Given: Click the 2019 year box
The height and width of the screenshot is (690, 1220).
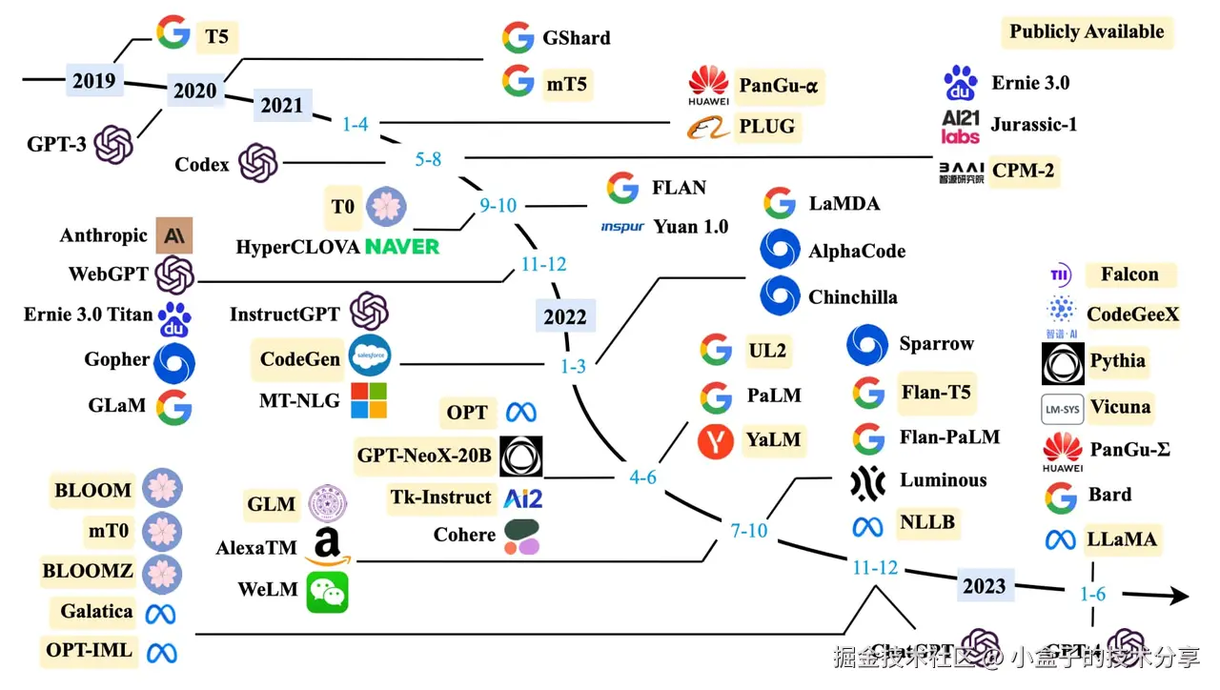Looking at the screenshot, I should click(x=93, y=81).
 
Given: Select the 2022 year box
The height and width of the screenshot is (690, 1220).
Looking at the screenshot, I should click(x=565, y=316).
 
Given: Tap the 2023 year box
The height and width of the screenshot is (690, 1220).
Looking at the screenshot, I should click(x=984, y=585).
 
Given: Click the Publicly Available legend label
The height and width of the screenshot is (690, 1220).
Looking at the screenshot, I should click(x=1087, y=31).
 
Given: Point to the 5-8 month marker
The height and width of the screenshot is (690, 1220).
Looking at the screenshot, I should click(x=428, y=159).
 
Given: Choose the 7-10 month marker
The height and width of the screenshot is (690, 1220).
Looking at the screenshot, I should click(x=749, y=530).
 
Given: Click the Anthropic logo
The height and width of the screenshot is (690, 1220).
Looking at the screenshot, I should click(x=174, y=235).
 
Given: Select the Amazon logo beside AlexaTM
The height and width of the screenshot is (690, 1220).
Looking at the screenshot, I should click(x=327, y=546).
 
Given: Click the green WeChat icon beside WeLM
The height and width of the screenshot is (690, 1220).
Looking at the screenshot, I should click(x=327, y=591).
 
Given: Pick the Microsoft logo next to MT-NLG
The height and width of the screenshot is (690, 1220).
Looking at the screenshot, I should click(x=369, y=401).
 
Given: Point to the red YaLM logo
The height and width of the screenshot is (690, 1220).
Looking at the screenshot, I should click(x=715, y=441).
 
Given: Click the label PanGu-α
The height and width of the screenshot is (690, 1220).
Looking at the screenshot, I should click(x=779, y=87).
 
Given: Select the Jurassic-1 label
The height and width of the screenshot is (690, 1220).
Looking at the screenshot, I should click(x=1033, y=124).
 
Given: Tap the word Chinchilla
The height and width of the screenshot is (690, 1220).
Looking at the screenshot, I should click(x=853, y=297).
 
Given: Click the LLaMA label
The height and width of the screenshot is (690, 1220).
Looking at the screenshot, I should click(x=1121, y=539).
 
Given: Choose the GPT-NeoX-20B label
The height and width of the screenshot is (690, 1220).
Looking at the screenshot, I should click(x=424, y=456).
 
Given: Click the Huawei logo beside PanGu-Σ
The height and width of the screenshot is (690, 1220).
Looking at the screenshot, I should click(x=1062, y=451).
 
